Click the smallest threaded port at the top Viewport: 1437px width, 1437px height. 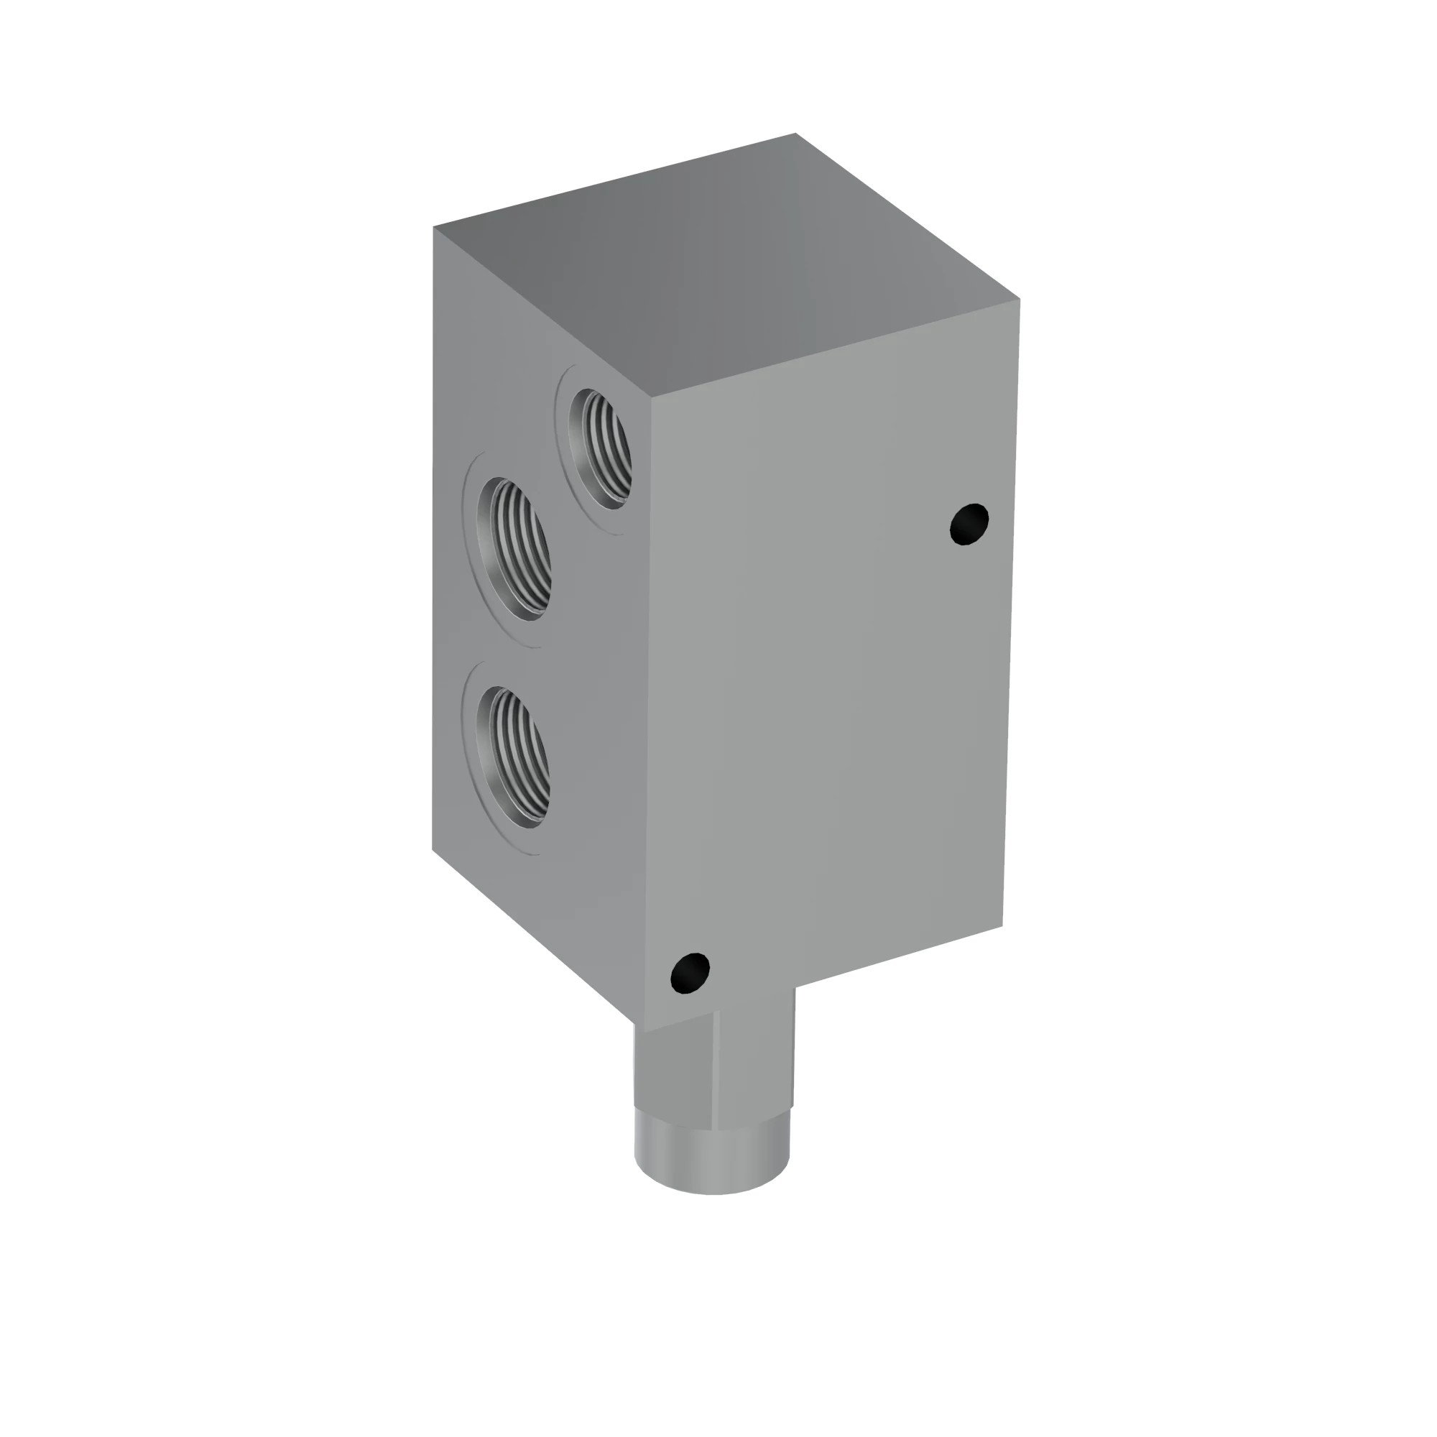tap(599, 448)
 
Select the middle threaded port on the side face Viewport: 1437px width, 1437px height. tap(514, 548)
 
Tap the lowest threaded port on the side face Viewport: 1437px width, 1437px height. tap(514, 757)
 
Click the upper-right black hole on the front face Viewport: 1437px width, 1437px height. tap(969, 524)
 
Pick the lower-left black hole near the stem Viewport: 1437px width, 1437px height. tap(690, 972)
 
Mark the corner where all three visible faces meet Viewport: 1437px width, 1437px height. tap(652, 396)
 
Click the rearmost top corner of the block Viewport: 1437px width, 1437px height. tap(795, 134)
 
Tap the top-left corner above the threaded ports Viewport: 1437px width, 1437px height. tap(434, 227)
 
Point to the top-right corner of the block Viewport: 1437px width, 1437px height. tap(1019, 299)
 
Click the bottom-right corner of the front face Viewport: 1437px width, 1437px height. tap(1002, 927)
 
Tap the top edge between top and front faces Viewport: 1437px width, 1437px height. tap(833, 348)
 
